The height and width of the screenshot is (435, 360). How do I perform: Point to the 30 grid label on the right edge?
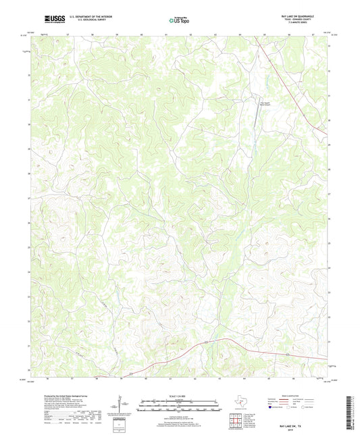click(329, 121)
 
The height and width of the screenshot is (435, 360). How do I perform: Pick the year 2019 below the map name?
click(301, 424)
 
